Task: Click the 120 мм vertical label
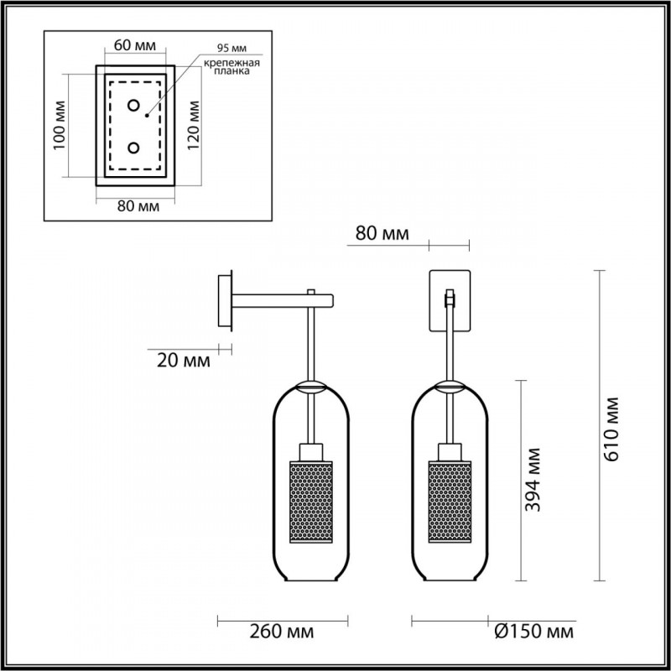point(195,126)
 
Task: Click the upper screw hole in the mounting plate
point(134,106)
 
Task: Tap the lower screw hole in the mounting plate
point(134,148)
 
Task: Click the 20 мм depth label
point(183,362)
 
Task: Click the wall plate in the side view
point(225,299)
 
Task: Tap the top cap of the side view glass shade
point(311,387)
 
